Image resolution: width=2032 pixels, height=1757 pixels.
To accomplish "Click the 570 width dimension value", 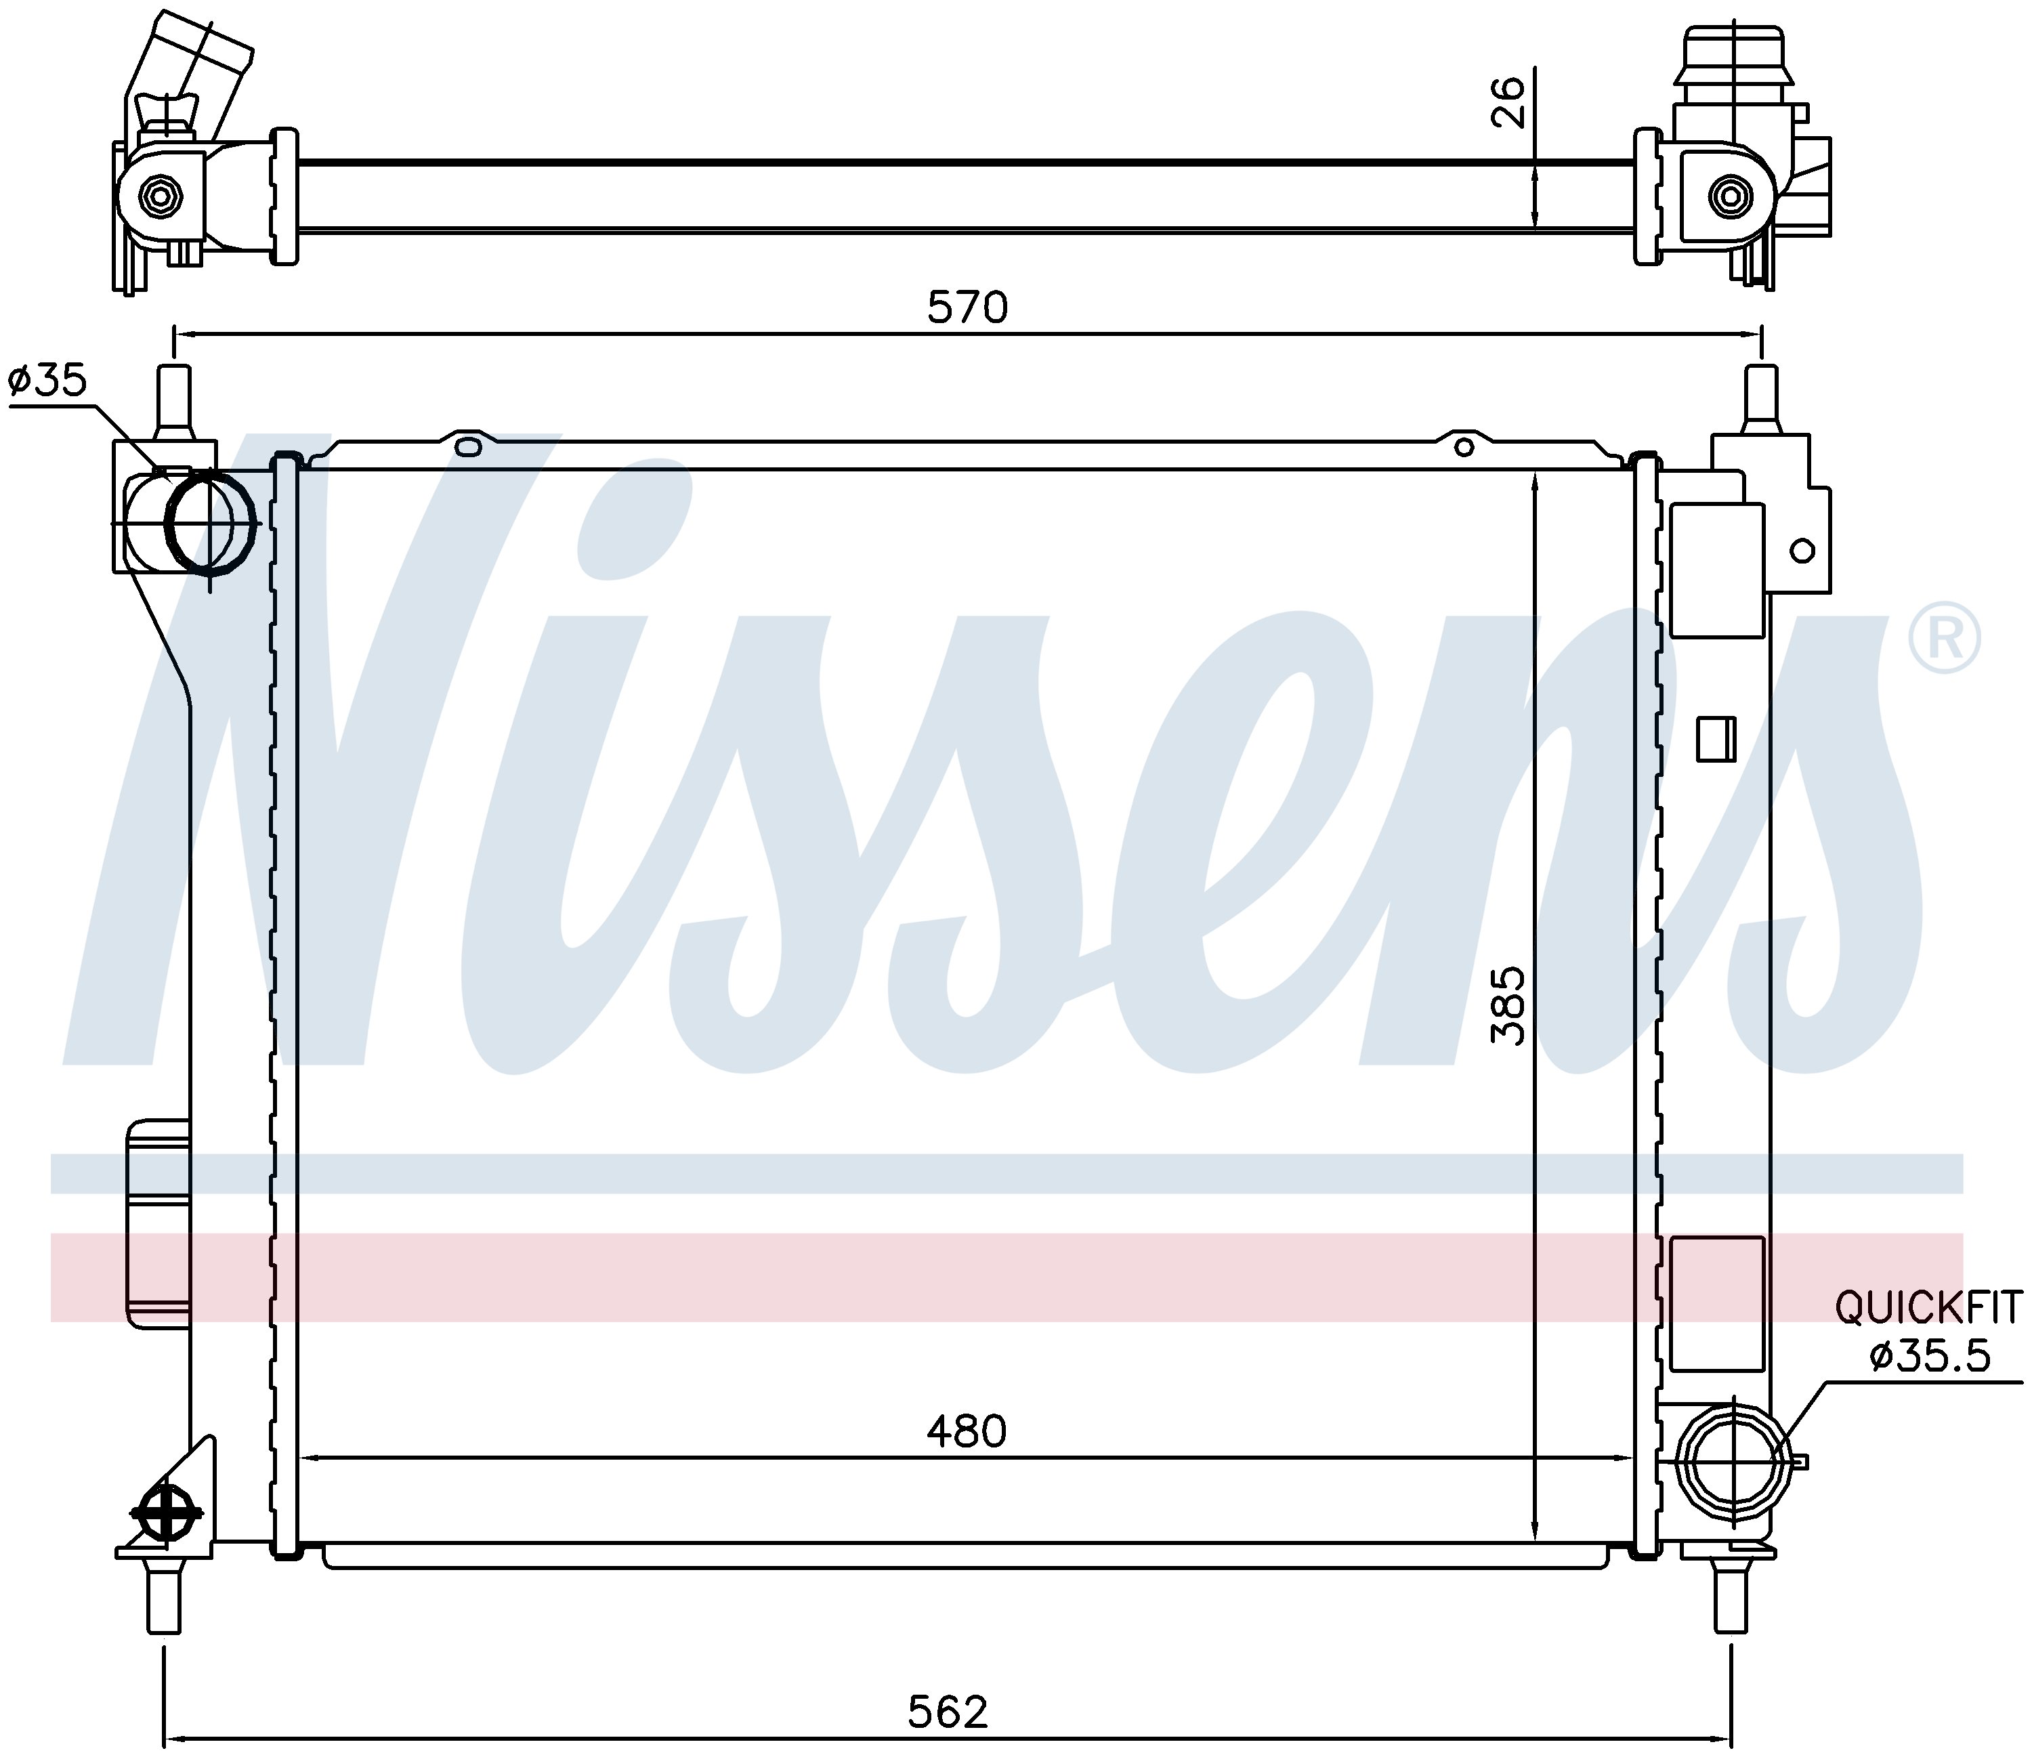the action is pyautogui.click(x=967, y=308).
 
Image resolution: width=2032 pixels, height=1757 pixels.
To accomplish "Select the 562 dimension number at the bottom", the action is pyautogui.click(x=948, y=1712).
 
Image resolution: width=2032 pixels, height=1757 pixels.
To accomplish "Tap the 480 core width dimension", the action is pyautogui.click(x=967, y=1433).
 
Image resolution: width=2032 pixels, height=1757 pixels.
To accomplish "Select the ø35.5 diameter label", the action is pyautogui.click(x=1930, y=1357).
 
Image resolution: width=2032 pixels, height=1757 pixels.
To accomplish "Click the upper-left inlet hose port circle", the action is pyautogui.click(x=210, y=521).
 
